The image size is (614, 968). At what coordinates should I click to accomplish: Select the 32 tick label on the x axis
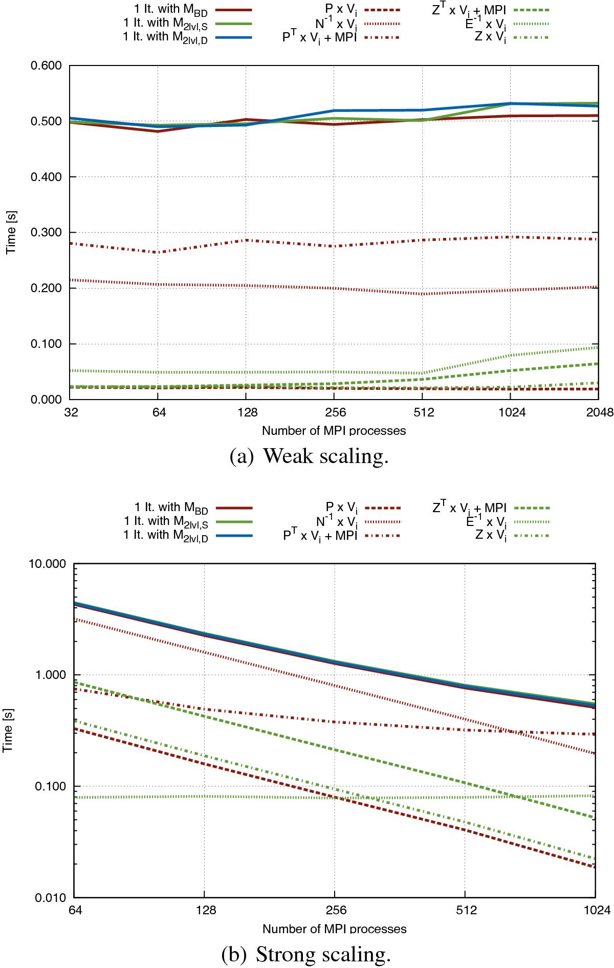coord(71,412)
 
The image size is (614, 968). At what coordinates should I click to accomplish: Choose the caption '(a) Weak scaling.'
coord(309,456)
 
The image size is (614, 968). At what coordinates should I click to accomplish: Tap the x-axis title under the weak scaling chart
coord(334,431)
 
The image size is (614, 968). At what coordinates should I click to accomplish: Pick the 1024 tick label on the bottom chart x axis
coord(596,910)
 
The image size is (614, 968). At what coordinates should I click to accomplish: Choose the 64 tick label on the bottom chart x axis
coord(75,910)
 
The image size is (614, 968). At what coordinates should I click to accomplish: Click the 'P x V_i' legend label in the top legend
coord(341,10)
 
